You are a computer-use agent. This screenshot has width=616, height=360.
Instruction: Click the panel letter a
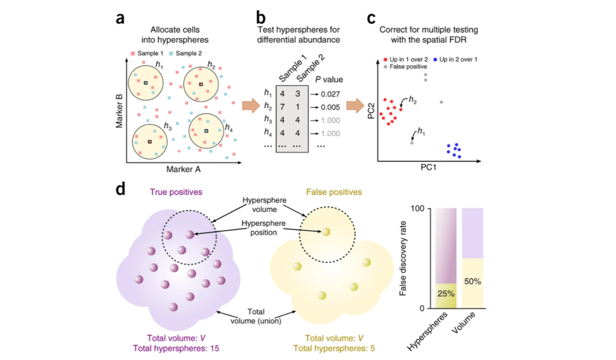tap(120, 19)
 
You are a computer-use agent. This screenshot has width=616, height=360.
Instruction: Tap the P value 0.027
tap(330, 94)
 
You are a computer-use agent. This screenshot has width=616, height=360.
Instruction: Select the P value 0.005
tap(330, 107)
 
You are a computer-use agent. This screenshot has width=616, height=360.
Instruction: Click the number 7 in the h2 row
tap(282, 107)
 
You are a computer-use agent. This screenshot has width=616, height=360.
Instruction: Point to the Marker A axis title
tap(183, 169)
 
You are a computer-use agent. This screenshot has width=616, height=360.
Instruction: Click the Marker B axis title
tap(119, 111)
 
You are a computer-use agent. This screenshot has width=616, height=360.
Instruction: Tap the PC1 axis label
tap(428, 167)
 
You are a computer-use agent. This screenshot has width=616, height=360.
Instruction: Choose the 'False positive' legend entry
tap(405, 67)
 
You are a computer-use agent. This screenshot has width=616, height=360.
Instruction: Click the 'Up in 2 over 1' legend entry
tap(455, 59)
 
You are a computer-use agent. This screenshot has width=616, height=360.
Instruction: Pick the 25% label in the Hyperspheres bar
tap(446, 294)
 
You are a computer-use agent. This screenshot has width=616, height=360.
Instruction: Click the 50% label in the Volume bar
tap(472, 282)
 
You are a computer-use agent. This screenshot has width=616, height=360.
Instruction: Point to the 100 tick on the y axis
tap(417, 209)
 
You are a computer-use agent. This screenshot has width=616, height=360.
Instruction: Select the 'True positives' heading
tap(176, 192)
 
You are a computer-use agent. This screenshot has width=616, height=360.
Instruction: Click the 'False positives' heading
tap(334, 192)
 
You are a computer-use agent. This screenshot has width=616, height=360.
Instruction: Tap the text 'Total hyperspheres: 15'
tap(176, 348)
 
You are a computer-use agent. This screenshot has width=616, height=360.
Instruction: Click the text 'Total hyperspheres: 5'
tap(334, 348)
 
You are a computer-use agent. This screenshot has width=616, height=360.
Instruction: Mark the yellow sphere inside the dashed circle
tap(326, 232)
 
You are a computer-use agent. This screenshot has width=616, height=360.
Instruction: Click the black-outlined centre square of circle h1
tap(146, 83)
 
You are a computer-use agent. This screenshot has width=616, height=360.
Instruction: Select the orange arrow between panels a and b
tap(251, 106)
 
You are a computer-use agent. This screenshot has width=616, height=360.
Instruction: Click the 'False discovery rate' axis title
tap(403, 258)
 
